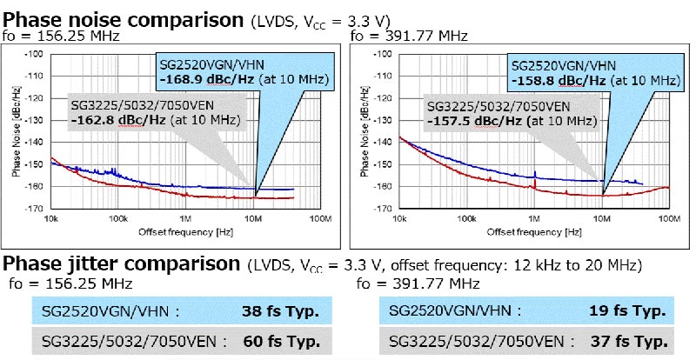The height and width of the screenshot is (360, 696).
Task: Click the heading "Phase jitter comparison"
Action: tap(121, 264)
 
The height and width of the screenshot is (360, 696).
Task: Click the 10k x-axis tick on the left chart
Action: tap(51, 217)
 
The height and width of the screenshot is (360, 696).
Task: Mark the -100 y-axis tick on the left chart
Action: tap(37, 55)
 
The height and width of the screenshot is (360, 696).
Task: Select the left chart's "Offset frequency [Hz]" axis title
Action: tap(184, 233)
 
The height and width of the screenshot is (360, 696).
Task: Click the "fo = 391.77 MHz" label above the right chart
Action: tap(409, 37)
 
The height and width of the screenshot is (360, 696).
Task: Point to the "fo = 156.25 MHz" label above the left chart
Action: tap(59, 37)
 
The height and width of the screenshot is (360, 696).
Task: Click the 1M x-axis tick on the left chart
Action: tap(185, 217)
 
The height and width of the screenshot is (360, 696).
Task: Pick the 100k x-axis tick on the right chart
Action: tap(466, 217)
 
